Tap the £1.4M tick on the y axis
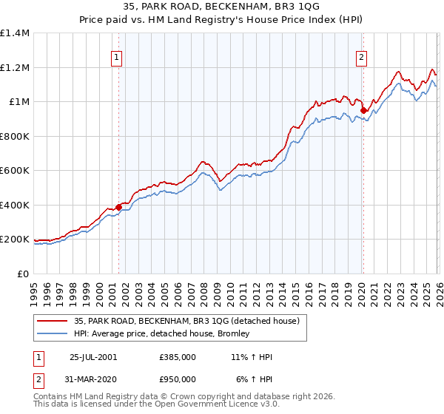(x=15, y=33)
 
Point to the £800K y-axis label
(x=15, y=136)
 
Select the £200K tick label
(x=15, y=240)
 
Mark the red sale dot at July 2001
(x=119, y=208)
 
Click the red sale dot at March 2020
(x=363, y=111)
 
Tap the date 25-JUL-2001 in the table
(x=92, y=357)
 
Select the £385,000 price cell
(x=178, y=357)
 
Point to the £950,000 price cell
(x=178, y=379)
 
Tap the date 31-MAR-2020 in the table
(x=92, y=379)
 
